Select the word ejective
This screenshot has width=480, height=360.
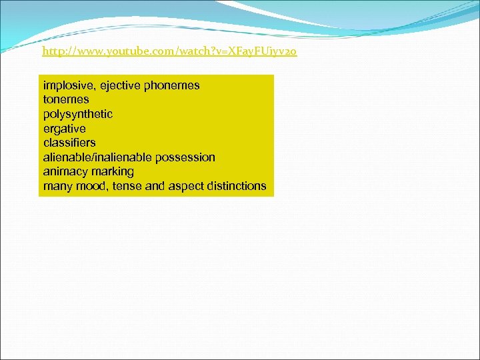click(x=118, y=85)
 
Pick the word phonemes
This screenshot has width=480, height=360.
click(x=171, y=85)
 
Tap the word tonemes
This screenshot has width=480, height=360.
click(x=66, y=100)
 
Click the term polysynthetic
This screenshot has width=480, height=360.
click(x=78, y=114)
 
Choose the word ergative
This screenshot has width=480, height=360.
click(x=65, y=129)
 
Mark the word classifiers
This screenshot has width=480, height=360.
click(x=69, y=143)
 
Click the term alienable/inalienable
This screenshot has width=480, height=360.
click(x=97, y=157)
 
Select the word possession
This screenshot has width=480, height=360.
click(x=185, y=157)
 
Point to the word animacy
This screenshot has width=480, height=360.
click(x=65, y=171)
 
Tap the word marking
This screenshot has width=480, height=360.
click(x=113, y=171)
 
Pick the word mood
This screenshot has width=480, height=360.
click(x=91, y=186)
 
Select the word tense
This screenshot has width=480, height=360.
click(x=127, y=186)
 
